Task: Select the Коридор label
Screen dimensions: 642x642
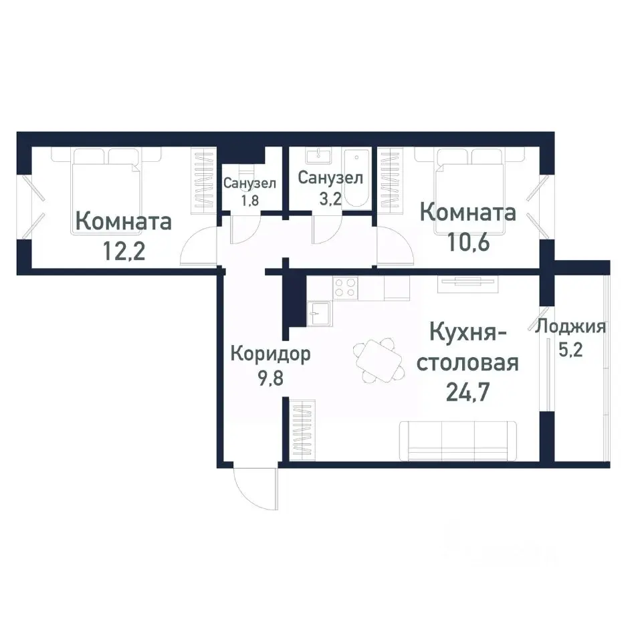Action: pos(270,354)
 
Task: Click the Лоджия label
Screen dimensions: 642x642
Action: pos(570,327)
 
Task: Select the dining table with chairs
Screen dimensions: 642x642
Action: pos(379,360)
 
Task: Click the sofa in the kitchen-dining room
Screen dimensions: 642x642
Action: pos(457,441)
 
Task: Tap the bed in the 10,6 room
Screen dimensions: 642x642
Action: pos(469,190)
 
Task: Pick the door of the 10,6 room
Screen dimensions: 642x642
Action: pos(395,246)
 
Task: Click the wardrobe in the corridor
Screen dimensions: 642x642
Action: pos(303,429)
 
